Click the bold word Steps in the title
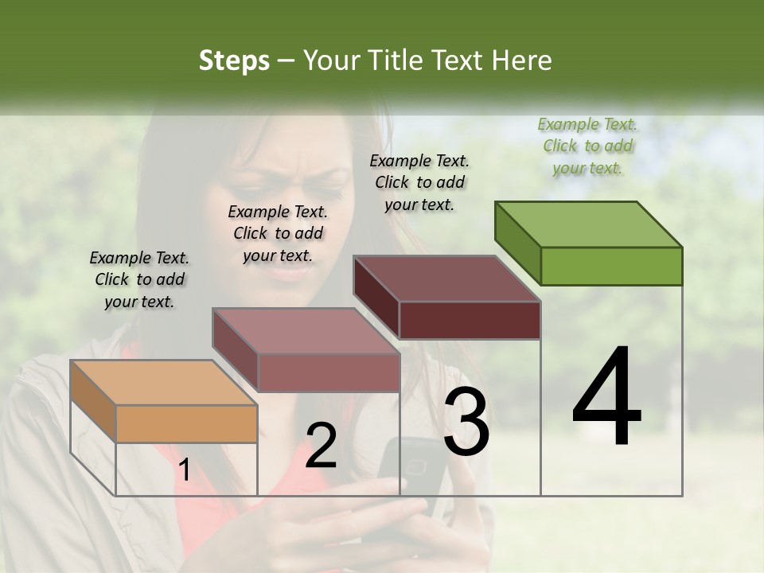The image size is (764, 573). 234,60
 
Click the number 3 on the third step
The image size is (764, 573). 466,422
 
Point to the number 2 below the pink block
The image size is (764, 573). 321,445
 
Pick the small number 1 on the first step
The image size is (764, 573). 184,470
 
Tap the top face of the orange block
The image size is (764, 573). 163,383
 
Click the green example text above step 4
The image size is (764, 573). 587,146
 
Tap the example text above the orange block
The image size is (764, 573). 139,279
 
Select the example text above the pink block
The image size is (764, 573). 278,233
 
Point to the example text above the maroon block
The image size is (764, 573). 419,182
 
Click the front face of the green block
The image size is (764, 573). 611,266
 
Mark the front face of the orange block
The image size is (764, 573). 186,423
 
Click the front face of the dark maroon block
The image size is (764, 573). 470,320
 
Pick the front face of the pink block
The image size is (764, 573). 328,372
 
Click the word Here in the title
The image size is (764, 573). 522,60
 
